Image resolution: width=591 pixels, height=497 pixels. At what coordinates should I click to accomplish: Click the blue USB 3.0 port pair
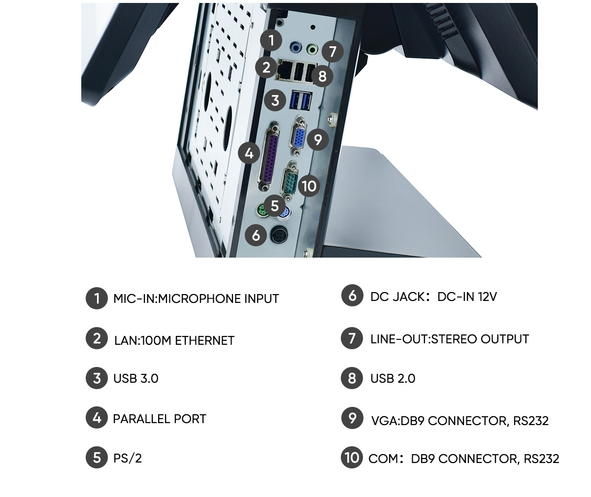(300, 100)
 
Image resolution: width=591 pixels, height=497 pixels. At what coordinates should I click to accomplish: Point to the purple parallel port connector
(268, 157)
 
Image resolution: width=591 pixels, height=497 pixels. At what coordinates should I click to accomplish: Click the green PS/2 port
(262, 211)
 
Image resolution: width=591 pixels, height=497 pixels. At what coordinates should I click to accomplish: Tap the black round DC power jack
(279, 234)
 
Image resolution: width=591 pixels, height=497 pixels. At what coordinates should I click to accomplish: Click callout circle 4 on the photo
(249, 153)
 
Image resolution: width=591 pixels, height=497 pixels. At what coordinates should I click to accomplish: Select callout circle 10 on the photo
(309, 186)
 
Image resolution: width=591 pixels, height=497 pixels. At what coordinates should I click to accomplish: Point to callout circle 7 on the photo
(332, 52)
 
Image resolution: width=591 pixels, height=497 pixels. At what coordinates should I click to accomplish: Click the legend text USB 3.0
(136, 378)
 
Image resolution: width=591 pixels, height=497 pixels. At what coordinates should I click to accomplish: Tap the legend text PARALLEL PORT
(160, 419)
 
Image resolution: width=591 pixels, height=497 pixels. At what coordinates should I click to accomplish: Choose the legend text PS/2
(128, 458)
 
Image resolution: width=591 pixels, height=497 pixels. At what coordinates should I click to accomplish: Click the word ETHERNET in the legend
(205, 340)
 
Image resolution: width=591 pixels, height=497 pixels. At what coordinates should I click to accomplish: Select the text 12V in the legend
(487, 297)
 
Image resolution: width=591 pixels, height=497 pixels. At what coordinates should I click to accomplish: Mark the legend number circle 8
(352, 378)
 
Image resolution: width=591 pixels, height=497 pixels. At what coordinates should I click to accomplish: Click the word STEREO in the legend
(454, 339)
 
